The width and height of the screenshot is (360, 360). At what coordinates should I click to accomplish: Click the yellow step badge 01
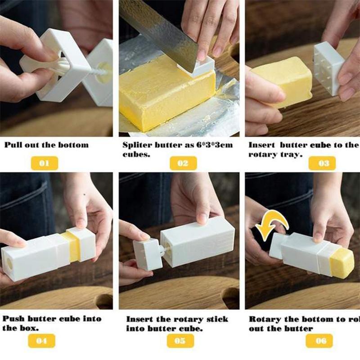(x=44, y=163)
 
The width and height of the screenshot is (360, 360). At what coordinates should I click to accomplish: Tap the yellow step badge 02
(x=183, y=163)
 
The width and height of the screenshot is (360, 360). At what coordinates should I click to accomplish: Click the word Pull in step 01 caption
(x=13, y=145)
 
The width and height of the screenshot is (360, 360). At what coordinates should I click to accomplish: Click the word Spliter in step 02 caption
(x=137, y=145)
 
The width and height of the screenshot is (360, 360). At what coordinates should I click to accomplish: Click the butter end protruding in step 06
(x=341, y=263)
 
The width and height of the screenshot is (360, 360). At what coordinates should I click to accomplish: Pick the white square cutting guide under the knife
(x=196, y=67)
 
